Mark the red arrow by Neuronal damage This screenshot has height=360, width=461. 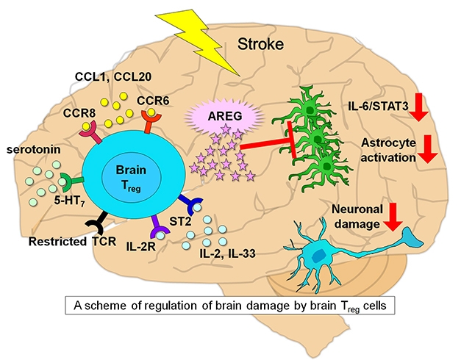[x=394, y=215]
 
